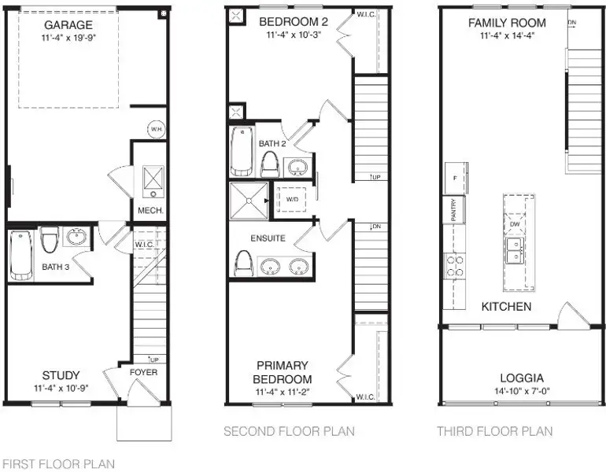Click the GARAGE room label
pos(68,25)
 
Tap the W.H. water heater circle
pos(157,129)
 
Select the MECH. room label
pos(150,211)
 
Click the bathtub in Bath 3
pos(21,255)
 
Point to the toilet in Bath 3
pos(50,239)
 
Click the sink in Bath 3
pos(76,236)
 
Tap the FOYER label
pos(143,372)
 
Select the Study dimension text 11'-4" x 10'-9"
pos(61,388)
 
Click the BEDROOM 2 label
pos(294,22)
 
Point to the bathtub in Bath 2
pos(242,151)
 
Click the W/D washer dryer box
pos(292,200)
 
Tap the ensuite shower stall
pos(249,201)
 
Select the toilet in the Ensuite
pos(243,264)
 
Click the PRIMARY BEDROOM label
pos(283,372)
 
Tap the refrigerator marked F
pos(455,178)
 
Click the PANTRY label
pos(454,210)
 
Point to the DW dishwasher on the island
pos(515,224)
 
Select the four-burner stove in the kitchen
pos(455,266)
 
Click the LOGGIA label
pos(522,378)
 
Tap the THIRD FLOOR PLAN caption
pos(495,431)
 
